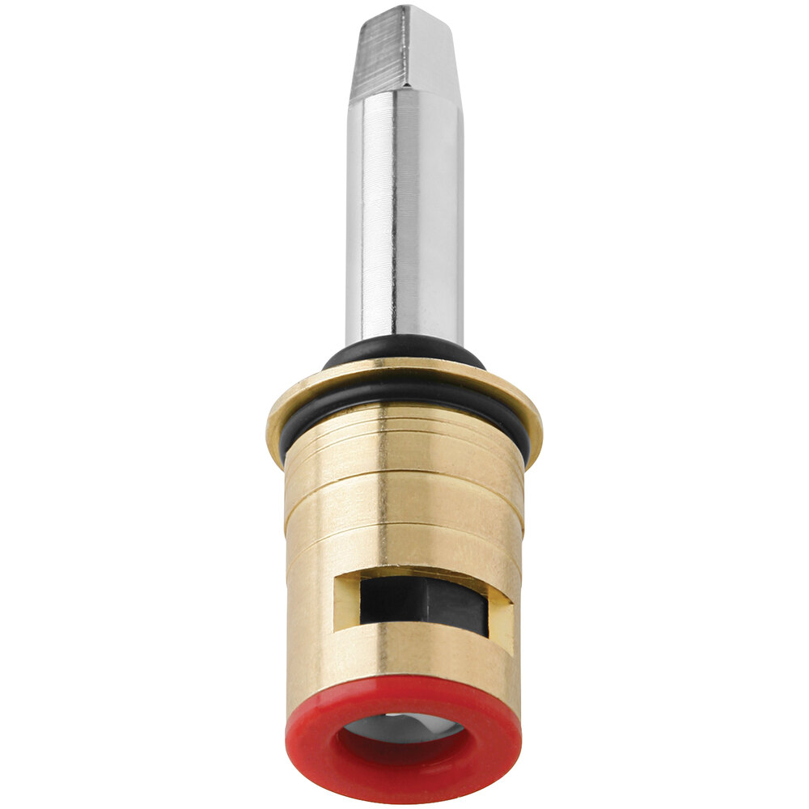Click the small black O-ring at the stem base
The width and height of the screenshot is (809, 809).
click(404, 350)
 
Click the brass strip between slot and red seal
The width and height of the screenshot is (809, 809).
click(404, 659)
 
